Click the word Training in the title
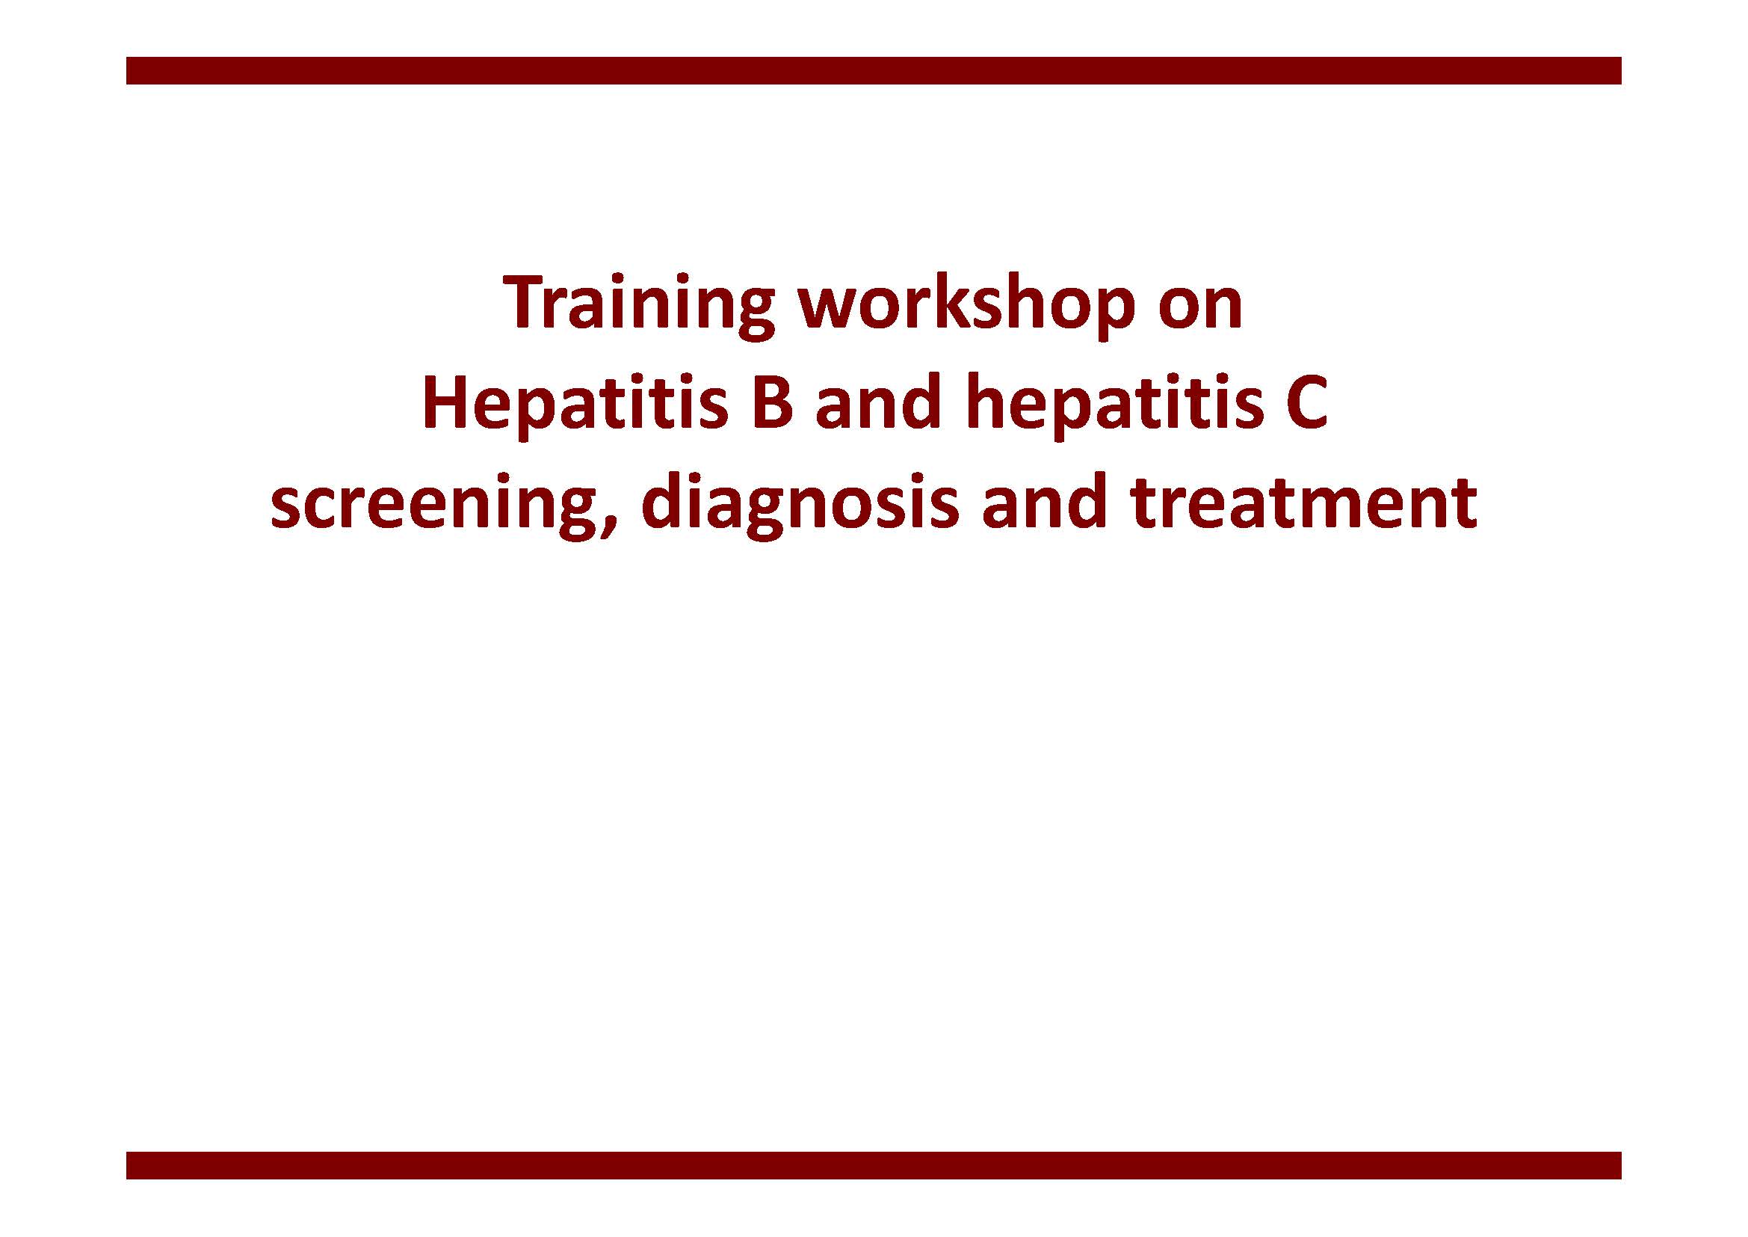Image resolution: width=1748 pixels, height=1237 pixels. point(639,305)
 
